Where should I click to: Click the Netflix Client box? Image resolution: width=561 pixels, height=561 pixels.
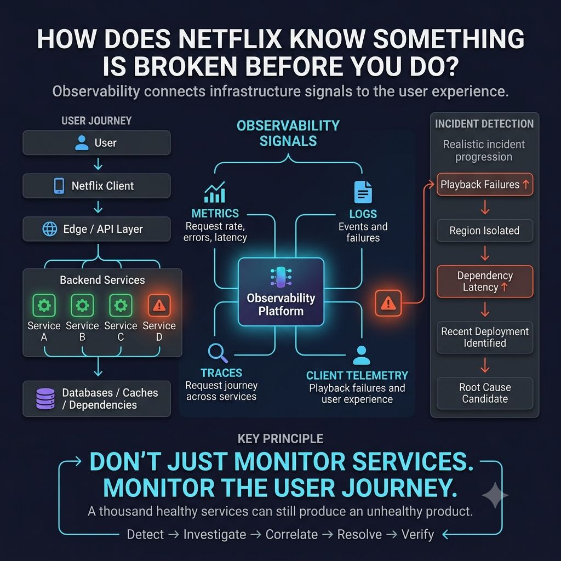[x=96, y=186]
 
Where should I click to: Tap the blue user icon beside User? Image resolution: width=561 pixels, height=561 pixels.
[x=82, y=143]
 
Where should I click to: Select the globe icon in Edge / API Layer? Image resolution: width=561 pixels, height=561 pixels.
[x=50, y=229]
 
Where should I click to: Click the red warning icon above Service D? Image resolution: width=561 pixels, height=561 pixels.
[x=159, y=305]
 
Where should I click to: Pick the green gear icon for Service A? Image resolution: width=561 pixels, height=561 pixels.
[x=44, y=305]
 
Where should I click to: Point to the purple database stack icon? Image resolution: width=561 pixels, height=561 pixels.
[x=45, y=399]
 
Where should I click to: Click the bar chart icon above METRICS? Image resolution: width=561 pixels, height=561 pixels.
[x=215, y=192]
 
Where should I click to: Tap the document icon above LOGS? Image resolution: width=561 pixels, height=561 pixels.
[x=363, y=192]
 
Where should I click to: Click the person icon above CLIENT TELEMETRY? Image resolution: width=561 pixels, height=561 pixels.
[x=362, y=355]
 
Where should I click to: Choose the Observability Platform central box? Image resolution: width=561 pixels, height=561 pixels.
[x=281, y=292]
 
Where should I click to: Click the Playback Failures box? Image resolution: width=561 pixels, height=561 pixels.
[x=485, y=185]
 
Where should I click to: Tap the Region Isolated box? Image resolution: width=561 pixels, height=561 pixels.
[x=485, y=231]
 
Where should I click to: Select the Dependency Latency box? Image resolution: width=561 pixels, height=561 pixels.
[x=485, y=282]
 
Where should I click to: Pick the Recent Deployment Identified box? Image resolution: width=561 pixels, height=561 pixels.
[x=485, y=337]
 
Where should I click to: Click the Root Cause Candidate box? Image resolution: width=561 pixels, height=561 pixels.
[x=485, y=393]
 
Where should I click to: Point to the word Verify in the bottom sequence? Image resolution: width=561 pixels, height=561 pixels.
[x=417, y=535]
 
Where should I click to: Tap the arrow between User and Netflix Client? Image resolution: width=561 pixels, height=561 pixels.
[x=98, y=164]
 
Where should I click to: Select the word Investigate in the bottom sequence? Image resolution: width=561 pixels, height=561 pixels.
[x=215, y=535]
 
